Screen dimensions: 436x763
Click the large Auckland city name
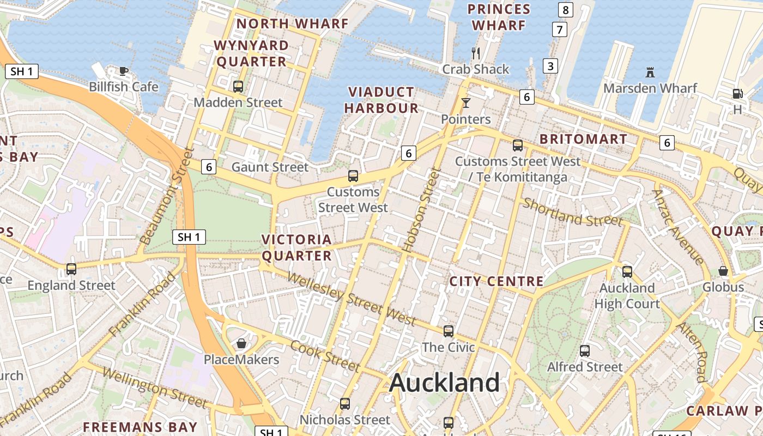click(444, 382)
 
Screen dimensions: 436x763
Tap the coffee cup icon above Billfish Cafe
click(124, 70)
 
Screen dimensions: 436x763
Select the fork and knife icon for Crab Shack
click(476, 53)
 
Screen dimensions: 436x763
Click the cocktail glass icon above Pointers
click(465, 102)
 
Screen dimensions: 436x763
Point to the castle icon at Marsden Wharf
click(650, 72)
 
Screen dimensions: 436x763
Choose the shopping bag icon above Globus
click(723, 271)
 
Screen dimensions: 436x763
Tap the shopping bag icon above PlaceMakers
click(241, 343)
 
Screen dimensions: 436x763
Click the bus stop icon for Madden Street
click(238, 86)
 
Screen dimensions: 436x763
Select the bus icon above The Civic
click(448, 331)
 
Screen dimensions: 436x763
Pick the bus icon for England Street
click(71, 269)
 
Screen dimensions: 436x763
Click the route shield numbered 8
click(566, 9)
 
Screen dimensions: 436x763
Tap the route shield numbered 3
click(550, 66)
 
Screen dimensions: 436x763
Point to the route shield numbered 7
click(559, 29)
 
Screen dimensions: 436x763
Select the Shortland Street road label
click(572, 213)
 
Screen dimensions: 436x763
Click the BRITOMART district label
click(583, 139)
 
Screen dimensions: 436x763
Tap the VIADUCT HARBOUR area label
click(381, 100)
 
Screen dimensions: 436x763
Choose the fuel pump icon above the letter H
click(737, 94)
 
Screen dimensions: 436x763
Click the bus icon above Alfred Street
click(585, 350)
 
